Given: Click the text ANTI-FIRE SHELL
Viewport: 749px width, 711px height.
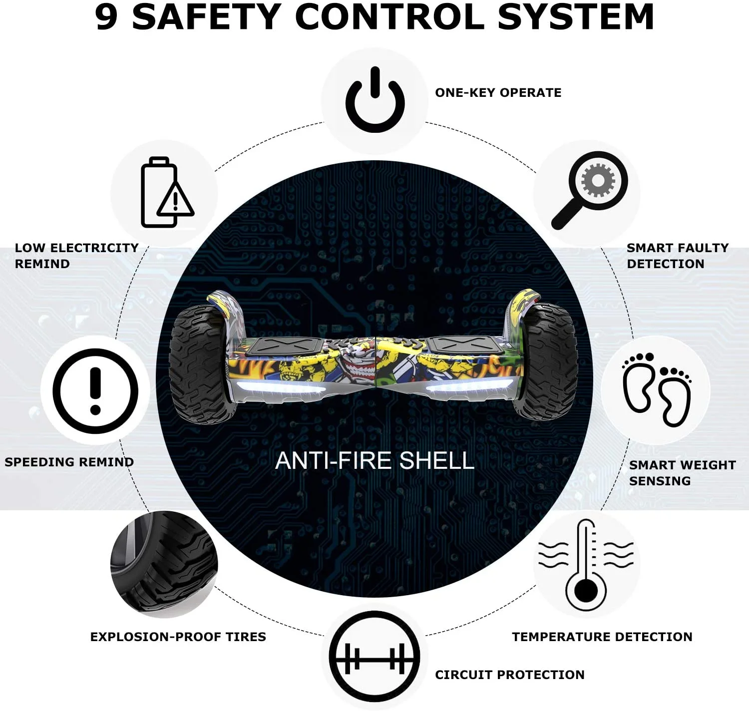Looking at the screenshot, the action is coord(374,461).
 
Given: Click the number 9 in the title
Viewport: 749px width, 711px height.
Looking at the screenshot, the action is coord(106,17).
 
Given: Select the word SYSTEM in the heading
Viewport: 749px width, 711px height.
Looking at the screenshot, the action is coord(576,17).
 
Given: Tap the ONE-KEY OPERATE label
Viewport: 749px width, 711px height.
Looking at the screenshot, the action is coord(498,92).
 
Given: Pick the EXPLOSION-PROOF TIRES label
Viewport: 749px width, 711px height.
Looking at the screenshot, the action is coord(178,637).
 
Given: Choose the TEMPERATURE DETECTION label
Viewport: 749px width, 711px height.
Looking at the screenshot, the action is coord(602,637).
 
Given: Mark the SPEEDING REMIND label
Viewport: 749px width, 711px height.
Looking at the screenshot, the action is coord(69,462).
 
